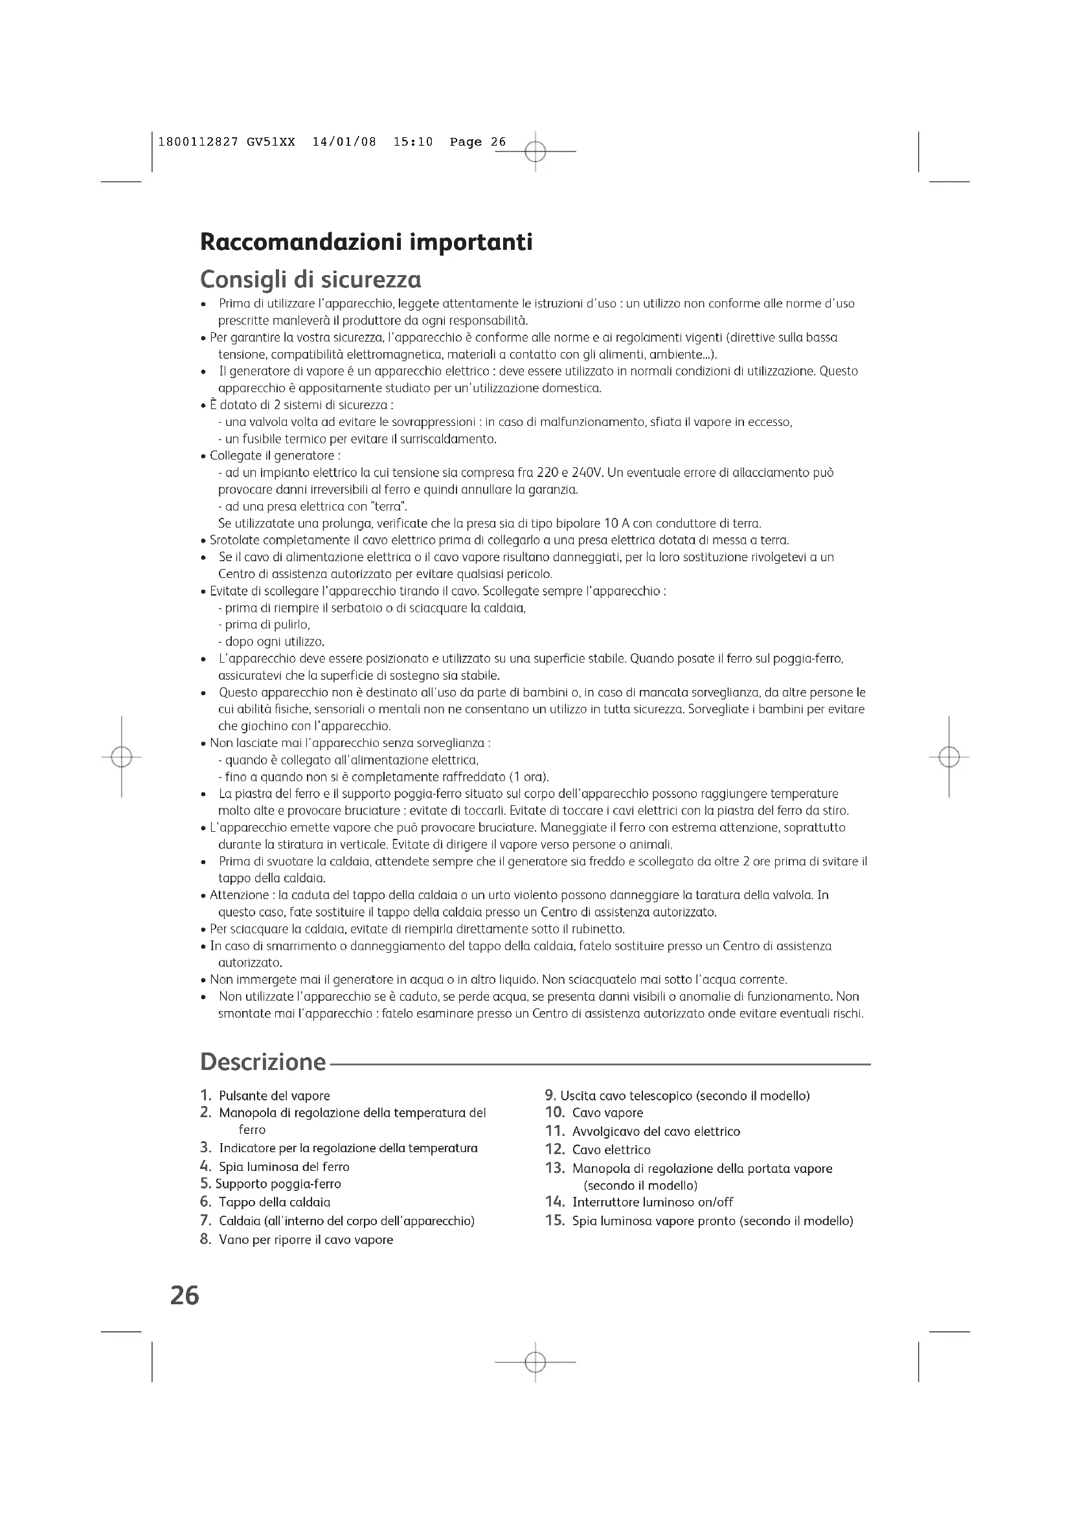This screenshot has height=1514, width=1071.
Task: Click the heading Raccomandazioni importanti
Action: [366, 243]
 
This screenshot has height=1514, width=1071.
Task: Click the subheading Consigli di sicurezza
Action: [311, 280]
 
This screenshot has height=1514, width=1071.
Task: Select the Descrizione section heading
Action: [263, 1062]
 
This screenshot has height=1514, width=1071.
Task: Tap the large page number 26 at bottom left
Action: [185, 1296]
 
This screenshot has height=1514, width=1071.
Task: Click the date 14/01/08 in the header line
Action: [344, 142]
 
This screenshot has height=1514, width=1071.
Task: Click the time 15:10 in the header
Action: [413, 142]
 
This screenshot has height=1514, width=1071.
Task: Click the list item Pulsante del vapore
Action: [275, 1096]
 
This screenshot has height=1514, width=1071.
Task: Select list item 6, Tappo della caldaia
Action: [275, 1202]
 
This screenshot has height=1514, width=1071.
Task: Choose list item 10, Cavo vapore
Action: [607, 1113]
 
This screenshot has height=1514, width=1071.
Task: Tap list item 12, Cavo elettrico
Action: [611, 1150]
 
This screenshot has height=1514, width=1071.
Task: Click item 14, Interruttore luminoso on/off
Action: [652, 1202]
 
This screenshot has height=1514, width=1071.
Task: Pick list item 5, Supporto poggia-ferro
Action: [278, 1184]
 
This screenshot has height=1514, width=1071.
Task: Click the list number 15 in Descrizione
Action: [556, 1221]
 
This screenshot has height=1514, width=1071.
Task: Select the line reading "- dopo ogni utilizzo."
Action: [271, 641]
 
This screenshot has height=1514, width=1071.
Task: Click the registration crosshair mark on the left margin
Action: [121, 757]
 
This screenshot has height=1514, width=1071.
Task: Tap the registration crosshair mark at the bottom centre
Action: [535, 1362]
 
